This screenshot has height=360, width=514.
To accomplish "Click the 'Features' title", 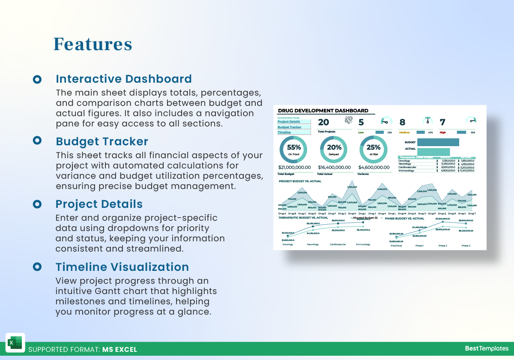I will point(93,44).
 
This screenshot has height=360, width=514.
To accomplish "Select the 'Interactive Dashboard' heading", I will point(124,79).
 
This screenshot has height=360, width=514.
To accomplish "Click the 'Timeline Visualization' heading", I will point(122,267).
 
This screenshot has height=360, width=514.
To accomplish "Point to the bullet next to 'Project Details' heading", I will point(37,204).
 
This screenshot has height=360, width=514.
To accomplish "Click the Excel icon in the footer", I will point(15,343).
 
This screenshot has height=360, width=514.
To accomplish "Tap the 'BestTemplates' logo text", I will point(487,348).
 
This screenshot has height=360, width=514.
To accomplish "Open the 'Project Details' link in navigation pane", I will point(289,122).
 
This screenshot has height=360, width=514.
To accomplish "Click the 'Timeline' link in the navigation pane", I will point(284,132).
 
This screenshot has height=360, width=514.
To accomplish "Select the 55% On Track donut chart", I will point(293,149).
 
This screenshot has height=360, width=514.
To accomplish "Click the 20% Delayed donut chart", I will point(334,149).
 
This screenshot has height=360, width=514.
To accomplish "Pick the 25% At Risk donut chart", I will point(374,149).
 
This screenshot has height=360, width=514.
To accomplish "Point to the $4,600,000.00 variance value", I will point(374,168).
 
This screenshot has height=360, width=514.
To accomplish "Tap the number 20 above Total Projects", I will point(323,123).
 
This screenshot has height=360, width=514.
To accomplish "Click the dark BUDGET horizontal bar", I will point(438,142).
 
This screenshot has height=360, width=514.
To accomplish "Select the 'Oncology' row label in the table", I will point(404,161).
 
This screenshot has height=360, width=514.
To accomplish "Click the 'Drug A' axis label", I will point(282,213).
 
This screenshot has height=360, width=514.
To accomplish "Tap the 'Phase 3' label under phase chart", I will point(466,246).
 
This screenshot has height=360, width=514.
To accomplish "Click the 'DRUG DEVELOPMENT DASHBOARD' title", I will point(323,111).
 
